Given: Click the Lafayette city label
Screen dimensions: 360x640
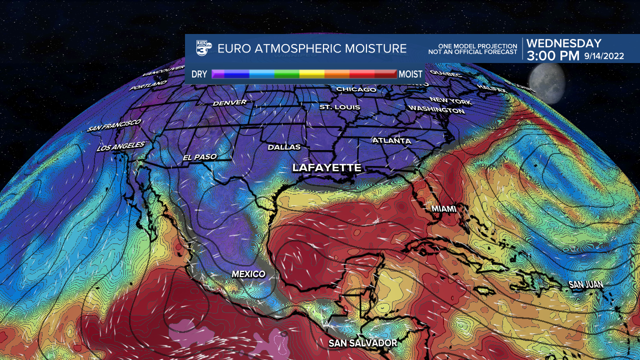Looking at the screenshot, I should [326, 168].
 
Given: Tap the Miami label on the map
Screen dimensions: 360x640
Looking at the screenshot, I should [443, 208].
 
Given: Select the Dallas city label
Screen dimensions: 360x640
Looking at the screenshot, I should [284, 147].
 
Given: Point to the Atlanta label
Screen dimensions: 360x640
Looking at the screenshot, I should [391, 140].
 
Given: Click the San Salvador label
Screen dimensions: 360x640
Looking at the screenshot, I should [362, 343].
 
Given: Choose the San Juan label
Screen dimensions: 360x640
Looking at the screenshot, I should [585, 284].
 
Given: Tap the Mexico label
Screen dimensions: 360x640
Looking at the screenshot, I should [248, 274].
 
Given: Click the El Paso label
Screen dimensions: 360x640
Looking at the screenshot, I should [199, 157].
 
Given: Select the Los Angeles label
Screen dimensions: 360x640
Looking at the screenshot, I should [120, 147].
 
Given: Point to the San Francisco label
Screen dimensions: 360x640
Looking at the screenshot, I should [114, 125].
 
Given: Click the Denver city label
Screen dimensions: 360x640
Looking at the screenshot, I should [229, 102].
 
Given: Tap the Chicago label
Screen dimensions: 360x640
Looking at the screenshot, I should [356, 89].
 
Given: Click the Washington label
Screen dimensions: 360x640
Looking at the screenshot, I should [436, 109].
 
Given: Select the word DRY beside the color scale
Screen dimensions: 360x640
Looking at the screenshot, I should [199, 74].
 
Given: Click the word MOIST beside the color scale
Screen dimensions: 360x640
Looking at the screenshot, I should [411, 74].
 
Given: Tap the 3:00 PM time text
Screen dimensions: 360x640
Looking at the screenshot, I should [553, 55].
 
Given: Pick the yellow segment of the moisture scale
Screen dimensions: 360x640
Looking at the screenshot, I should [311, 74].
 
